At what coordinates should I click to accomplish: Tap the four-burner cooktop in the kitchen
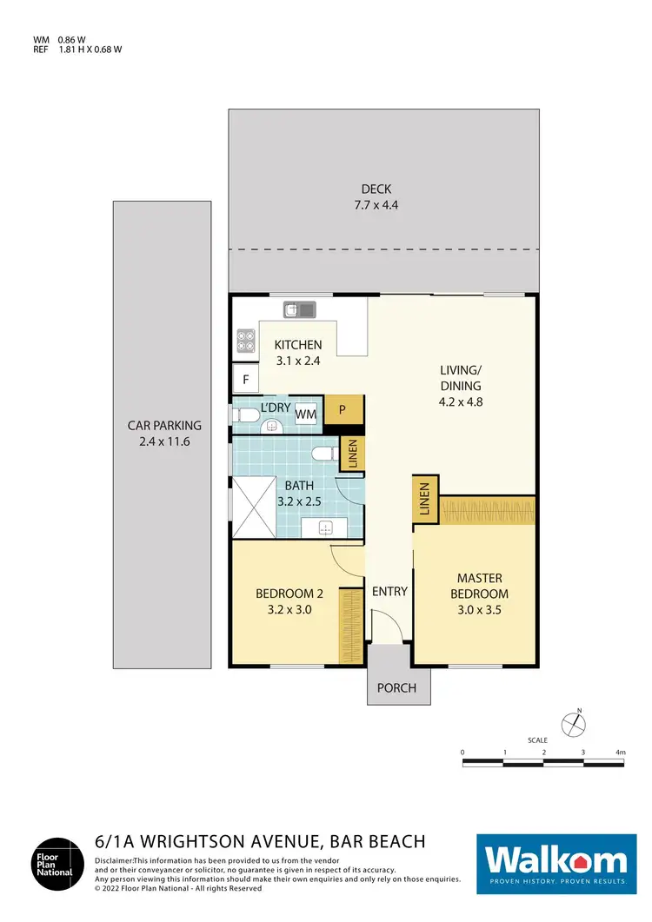tap(244, 340)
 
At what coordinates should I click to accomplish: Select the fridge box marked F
tap(245, 379)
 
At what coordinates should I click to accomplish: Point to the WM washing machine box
tap(305, 415)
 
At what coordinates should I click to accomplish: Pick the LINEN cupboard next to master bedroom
tap(426, 501)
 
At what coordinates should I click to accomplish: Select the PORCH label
tap(396, 688)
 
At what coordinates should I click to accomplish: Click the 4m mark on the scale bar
tap(620, 752)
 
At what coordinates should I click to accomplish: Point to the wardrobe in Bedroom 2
tap(349, 626)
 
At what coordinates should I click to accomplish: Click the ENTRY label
tap(389, 592)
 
